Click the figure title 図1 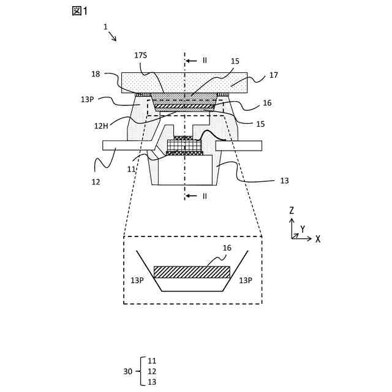point(80,11)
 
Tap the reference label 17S point(140,55)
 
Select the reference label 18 point(96,74)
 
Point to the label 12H point(101,126)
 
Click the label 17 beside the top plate point(274,75)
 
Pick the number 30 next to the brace point(128,372)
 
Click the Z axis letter point(292,211)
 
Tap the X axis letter point(318,239)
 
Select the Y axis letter point(303,228)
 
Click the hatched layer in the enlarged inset point(192,272)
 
